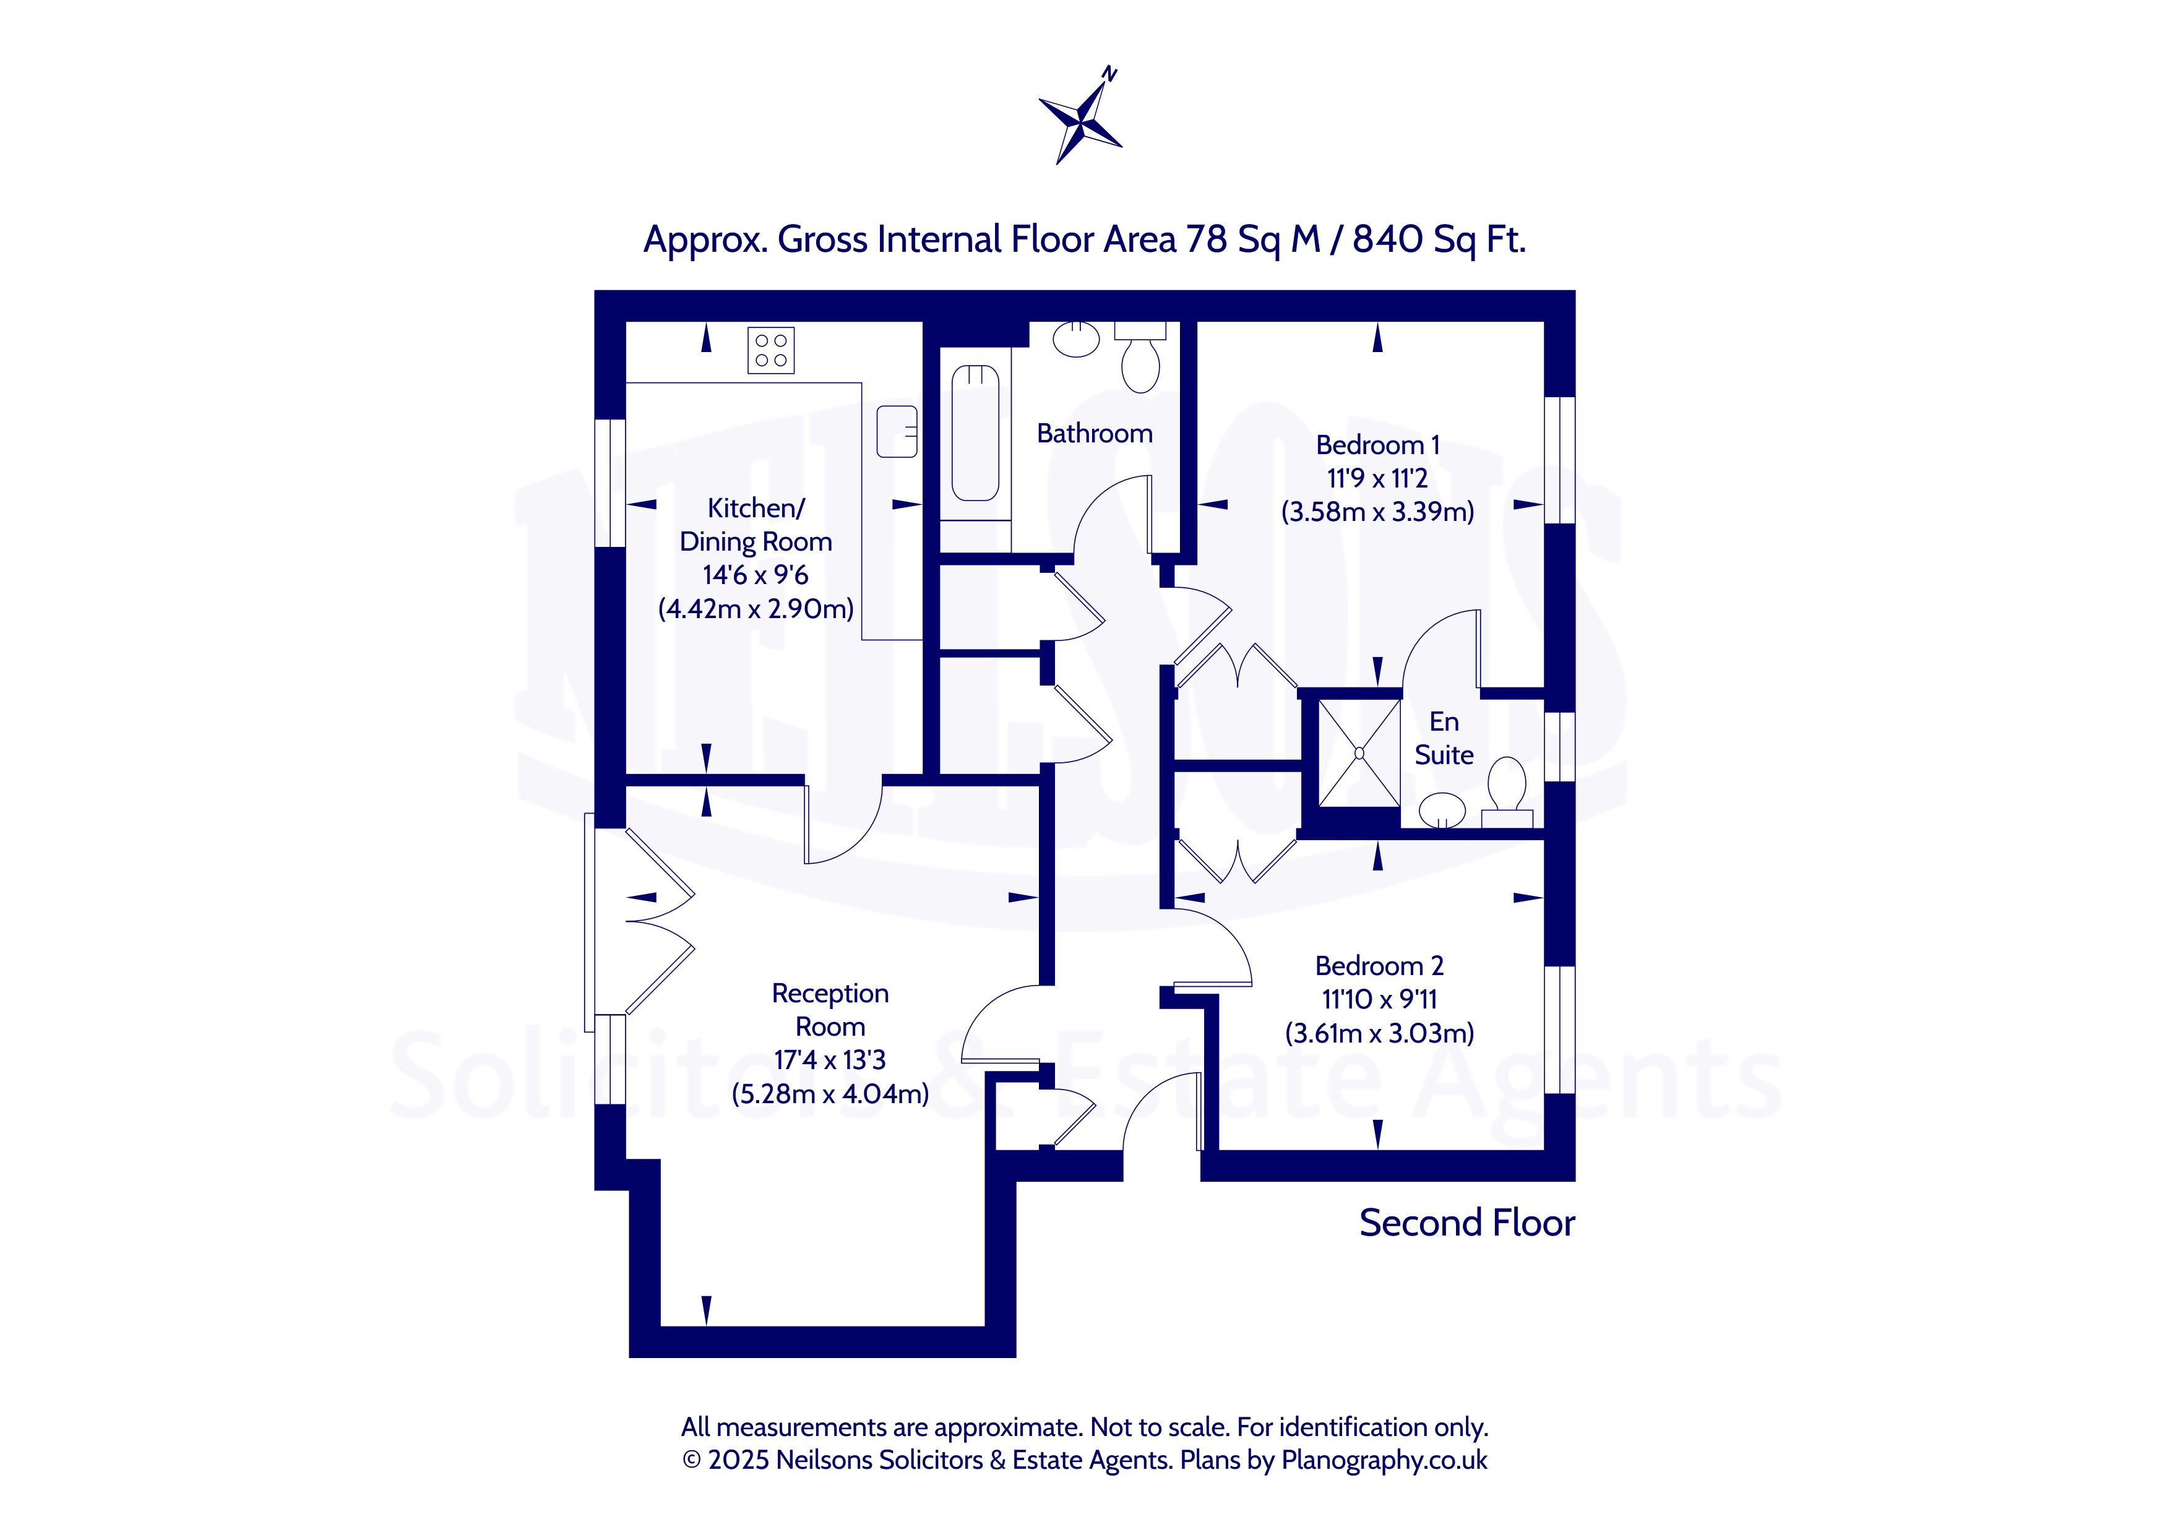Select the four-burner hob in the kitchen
point(771,350)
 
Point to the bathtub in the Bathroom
point(975,433)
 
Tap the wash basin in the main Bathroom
point(1077,338)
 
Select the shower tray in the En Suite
point(1359,754)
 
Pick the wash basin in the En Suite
point(1442,810)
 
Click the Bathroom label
point(1095,434)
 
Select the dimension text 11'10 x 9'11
point(1379,999)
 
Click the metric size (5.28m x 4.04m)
point(830,1094)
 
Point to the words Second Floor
point(1467,1223)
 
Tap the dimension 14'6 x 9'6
point(755,575)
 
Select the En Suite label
point(1444,738)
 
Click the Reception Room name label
point(830,1010)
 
